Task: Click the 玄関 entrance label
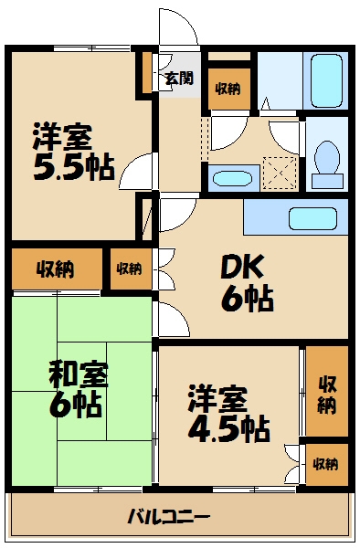pos(179,79)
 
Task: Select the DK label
pos(244,268)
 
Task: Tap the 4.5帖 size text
pos(229,427)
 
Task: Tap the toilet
pos(325,159)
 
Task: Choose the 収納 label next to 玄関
pos(228,89)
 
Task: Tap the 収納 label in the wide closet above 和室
pos(56,269)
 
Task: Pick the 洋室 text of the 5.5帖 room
pos(62,137)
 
